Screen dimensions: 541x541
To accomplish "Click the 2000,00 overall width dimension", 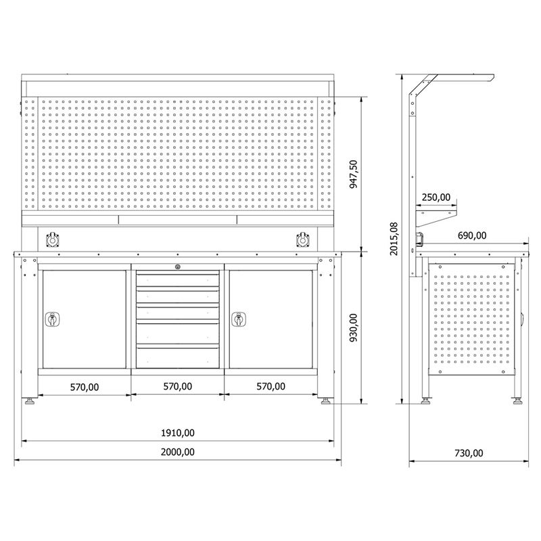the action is (178, 452).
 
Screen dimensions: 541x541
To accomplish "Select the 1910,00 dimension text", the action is (178, 433).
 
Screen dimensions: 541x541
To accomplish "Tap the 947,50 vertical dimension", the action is (353, 174).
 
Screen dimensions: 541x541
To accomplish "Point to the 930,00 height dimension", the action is (353, 327).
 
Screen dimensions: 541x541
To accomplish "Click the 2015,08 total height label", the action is (394, 239).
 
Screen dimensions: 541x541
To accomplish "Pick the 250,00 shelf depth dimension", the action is (436, 197).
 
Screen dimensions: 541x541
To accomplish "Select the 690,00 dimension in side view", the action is (472, 235).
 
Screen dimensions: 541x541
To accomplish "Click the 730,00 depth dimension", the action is (469, 453).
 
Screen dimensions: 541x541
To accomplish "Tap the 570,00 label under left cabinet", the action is (85, 387).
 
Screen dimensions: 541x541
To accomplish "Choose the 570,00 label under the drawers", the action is (178, 386).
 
